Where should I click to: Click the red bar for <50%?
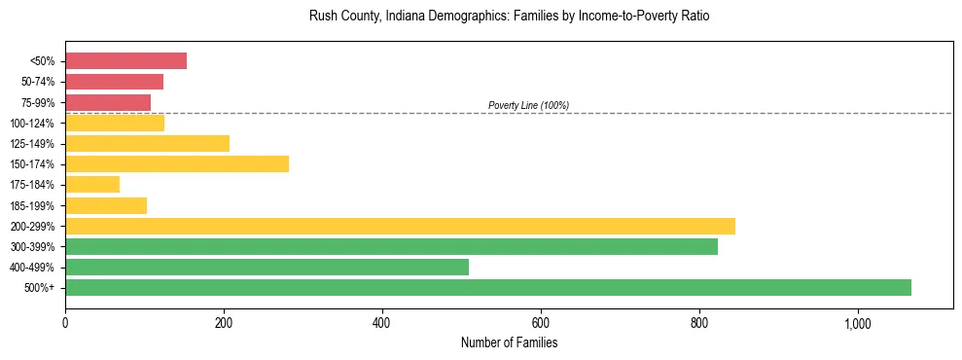(125, 61)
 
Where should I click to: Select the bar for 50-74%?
(114, 82)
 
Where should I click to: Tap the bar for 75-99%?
(108, 102)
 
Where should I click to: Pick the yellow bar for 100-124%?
(115, 123)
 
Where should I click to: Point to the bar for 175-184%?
(92, 184)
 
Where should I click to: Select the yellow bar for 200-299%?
(400, 226)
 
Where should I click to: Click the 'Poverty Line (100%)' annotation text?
(528, 105)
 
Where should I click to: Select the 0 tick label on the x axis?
(65, 324)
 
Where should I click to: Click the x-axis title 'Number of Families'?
(509, 342)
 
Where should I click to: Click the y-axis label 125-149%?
(33, 144)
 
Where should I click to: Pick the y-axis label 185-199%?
(33, 205)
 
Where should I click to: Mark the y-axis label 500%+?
(40, 288)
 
